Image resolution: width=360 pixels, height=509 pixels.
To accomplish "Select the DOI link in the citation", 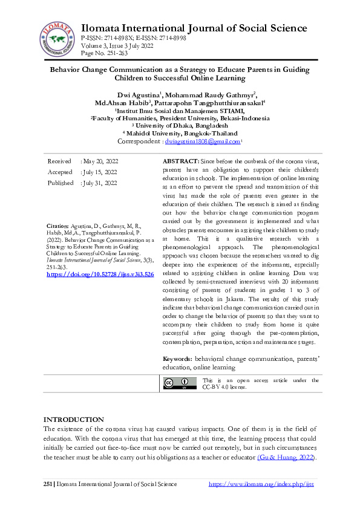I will (100, 274).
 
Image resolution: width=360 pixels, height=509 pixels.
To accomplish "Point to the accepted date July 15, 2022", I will (99, 172).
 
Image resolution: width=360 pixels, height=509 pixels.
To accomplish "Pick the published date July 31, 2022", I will (99, 183).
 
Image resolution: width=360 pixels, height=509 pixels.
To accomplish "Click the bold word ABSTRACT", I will (180, 163).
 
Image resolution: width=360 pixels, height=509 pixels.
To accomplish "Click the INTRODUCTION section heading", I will (73, 420).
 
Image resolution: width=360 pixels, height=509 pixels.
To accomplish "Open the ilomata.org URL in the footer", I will (261, 484).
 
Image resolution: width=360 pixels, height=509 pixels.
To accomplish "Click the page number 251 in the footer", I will (48, 484).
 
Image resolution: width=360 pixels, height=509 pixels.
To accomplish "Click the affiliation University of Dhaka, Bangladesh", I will (180, 126).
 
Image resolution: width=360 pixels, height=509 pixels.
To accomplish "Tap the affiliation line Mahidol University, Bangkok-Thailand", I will (182, 134).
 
